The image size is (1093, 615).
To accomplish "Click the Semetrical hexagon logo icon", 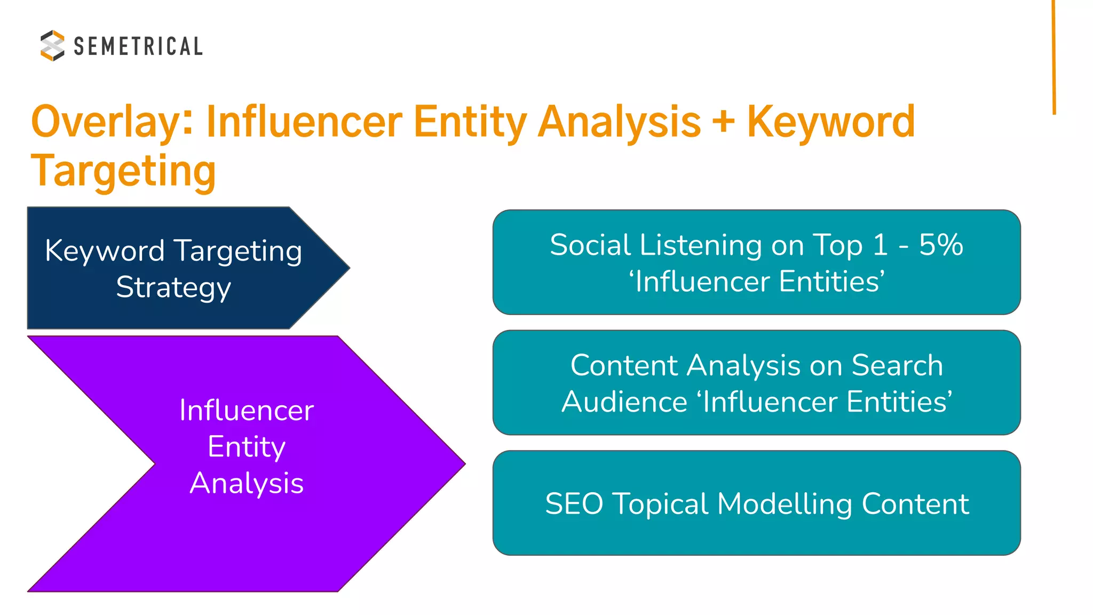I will [x=52, y=45].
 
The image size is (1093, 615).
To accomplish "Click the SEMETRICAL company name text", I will [x=138, y=46].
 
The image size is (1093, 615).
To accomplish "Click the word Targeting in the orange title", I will [x=123, y=171].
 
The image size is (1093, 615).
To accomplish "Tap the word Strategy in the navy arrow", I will [x=173, y=287].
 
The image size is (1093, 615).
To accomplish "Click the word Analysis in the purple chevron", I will [x=247, y=483].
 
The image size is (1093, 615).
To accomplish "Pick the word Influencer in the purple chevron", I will [x=247, y=411].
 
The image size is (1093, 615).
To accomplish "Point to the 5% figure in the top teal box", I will [x=941, y=245].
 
